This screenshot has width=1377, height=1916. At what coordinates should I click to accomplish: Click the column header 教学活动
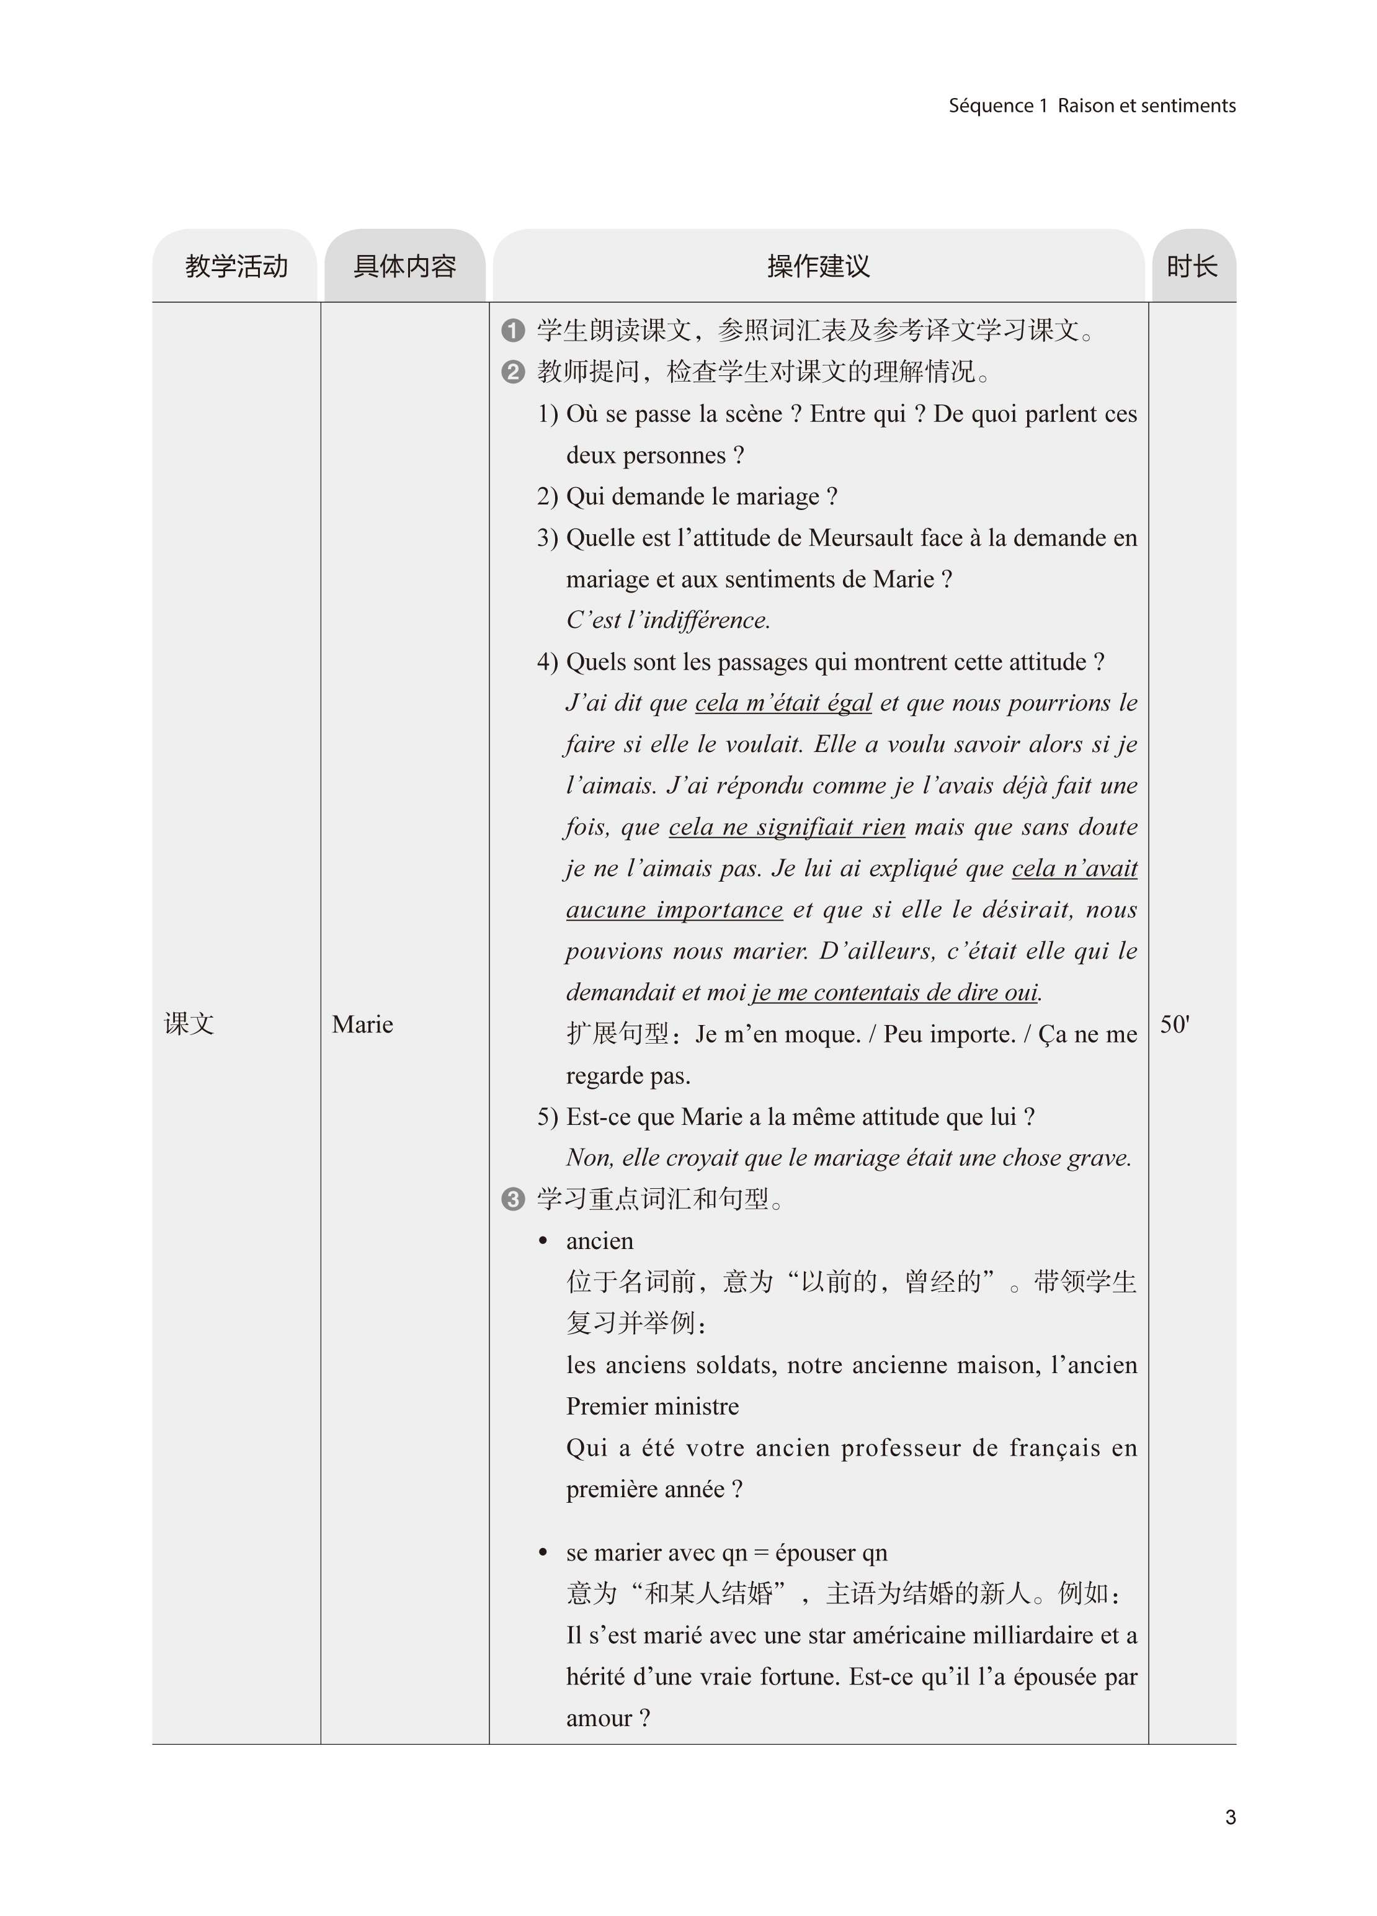pos(236,267)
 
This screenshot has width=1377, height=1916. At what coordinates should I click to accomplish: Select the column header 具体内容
pos(404,267)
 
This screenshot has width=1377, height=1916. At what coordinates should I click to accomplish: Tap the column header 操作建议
pos(818,267)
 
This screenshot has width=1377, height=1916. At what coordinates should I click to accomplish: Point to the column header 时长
pos(1192,267)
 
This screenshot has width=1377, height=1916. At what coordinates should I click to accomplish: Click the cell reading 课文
pos(189,1024)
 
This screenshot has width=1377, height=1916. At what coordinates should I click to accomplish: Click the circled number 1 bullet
pos(513,330)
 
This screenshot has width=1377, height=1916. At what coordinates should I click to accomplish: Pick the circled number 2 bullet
pos(513,372)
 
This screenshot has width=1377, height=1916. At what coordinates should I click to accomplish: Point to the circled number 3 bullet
pos(513,1199)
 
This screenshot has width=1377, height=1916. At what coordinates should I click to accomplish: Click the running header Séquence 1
pos(997,105)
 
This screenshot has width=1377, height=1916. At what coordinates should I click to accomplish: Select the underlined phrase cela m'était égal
pos(783,703)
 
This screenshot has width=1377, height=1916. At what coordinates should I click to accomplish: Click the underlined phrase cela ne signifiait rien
pos(787,827)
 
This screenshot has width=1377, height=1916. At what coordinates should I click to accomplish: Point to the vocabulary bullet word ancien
pos(600,1241)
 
